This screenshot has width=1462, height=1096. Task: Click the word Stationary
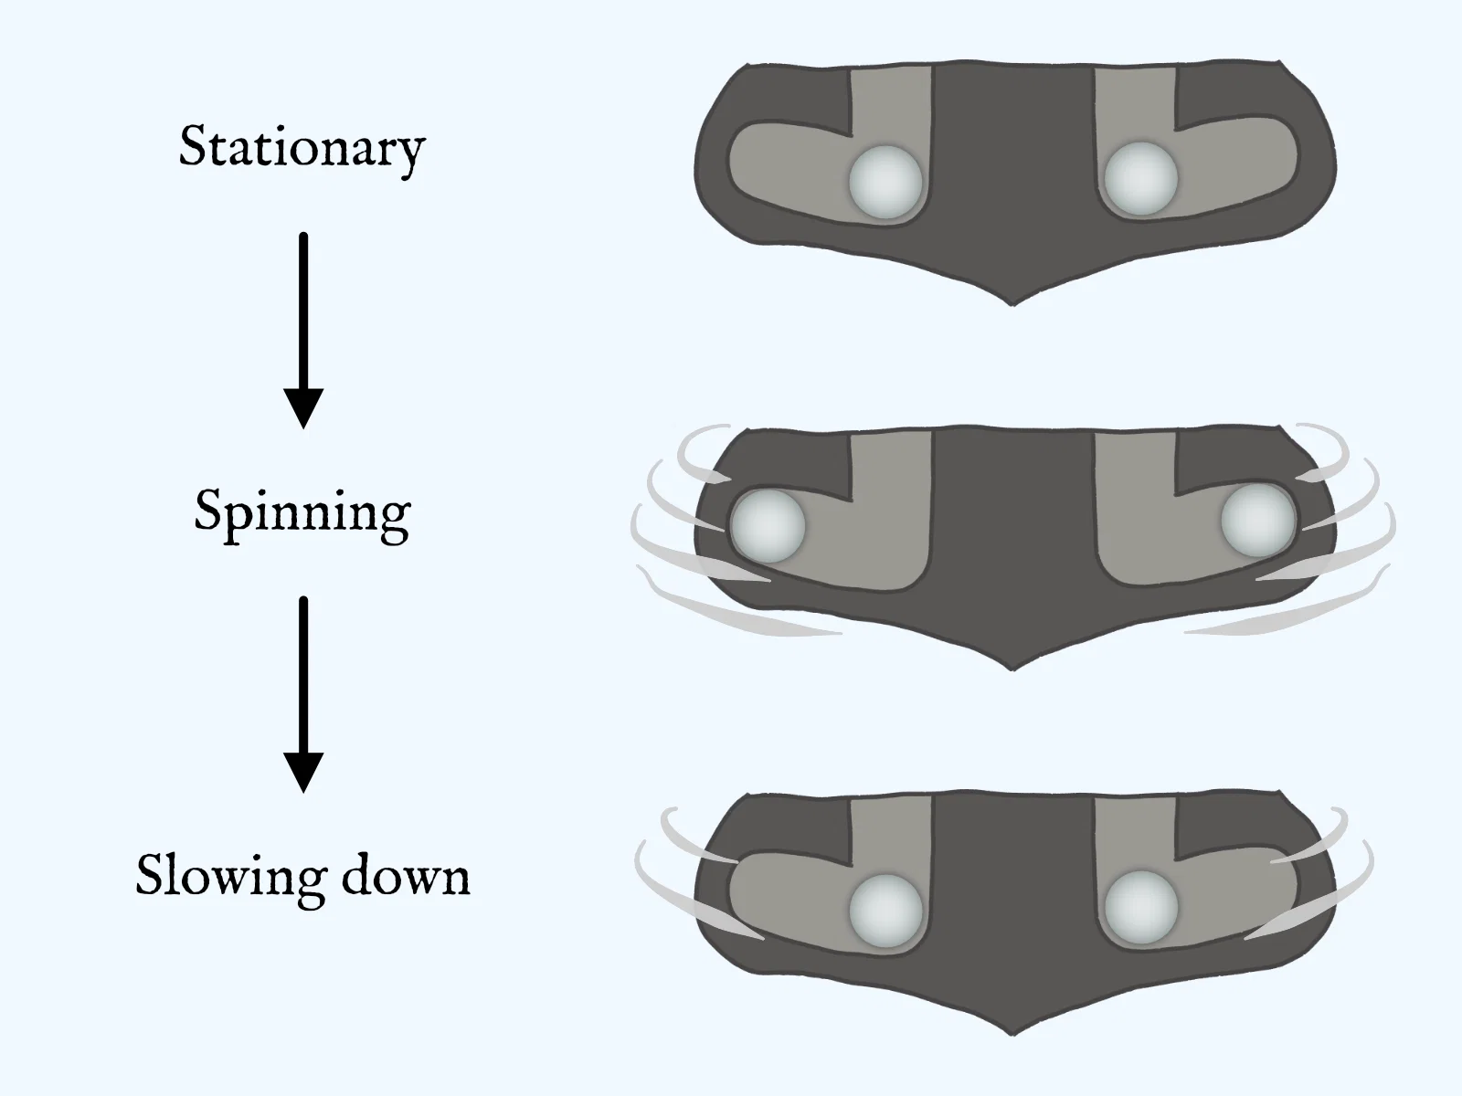click(x=302, y=148)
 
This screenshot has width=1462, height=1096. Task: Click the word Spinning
click(x=302, y=513)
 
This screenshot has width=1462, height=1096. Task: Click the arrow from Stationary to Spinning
click(x=303, y=330)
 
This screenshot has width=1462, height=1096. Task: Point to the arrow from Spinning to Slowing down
click(x=303, y=695)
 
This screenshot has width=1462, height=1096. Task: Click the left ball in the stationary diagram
click(x=885, y=183)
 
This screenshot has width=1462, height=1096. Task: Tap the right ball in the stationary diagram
click(x=1141, y=178)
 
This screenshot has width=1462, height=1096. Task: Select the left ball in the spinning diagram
click(x=768, y=526)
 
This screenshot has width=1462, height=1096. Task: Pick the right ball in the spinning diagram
click(x=1258, y=521)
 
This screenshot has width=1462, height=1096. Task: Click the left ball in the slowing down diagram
click(x=886, y=911)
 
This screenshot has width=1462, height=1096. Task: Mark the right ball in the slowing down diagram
click(x=1141, y=907)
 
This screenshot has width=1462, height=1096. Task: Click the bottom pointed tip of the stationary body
click(x=1013, y=305)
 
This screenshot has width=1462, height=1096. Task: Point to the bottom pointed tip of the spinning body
click(x=1013, y=670)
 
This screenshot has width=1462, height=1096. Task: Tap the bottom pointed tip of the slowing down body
click(x=1013, y=1035)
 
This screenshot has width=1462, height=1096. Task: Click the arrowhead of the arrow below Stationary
click(x=303, y=408)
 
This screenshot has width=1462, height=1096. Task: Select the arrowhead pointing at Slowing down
click(x=303, y=773)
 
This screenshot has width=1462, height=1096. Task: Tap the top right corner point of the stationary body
click(x=1278, y=62)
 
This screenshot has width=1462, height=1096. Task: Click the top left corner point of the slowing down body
click(x=748, y=794)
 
